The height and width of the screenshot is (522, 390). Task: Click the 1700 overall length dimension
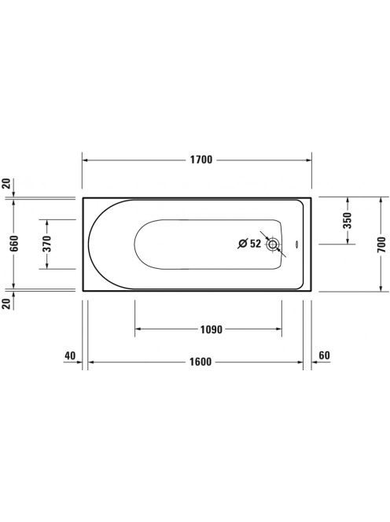[x=201, y=160]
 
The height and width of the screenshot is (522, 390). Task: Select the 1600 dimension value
[x=201, y=362]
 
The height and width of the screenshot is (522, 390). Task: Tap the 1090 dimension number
[x=212, y=329]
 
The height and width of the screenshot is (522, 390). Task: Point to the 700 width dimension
[x=381, y=244]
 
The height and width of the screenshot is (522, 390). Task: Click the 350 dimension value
[x=348, y=220]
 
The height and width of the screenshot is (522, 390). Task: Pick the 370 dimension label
[x=47, y=244]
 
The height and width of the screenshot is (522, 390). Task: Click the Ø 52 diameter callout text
[x=249, y=244]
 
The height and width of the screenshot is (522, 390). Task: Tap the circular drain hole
[x=272, y=244]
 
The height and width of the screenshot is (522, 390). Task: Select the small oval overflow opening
[x=296, y=244]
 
